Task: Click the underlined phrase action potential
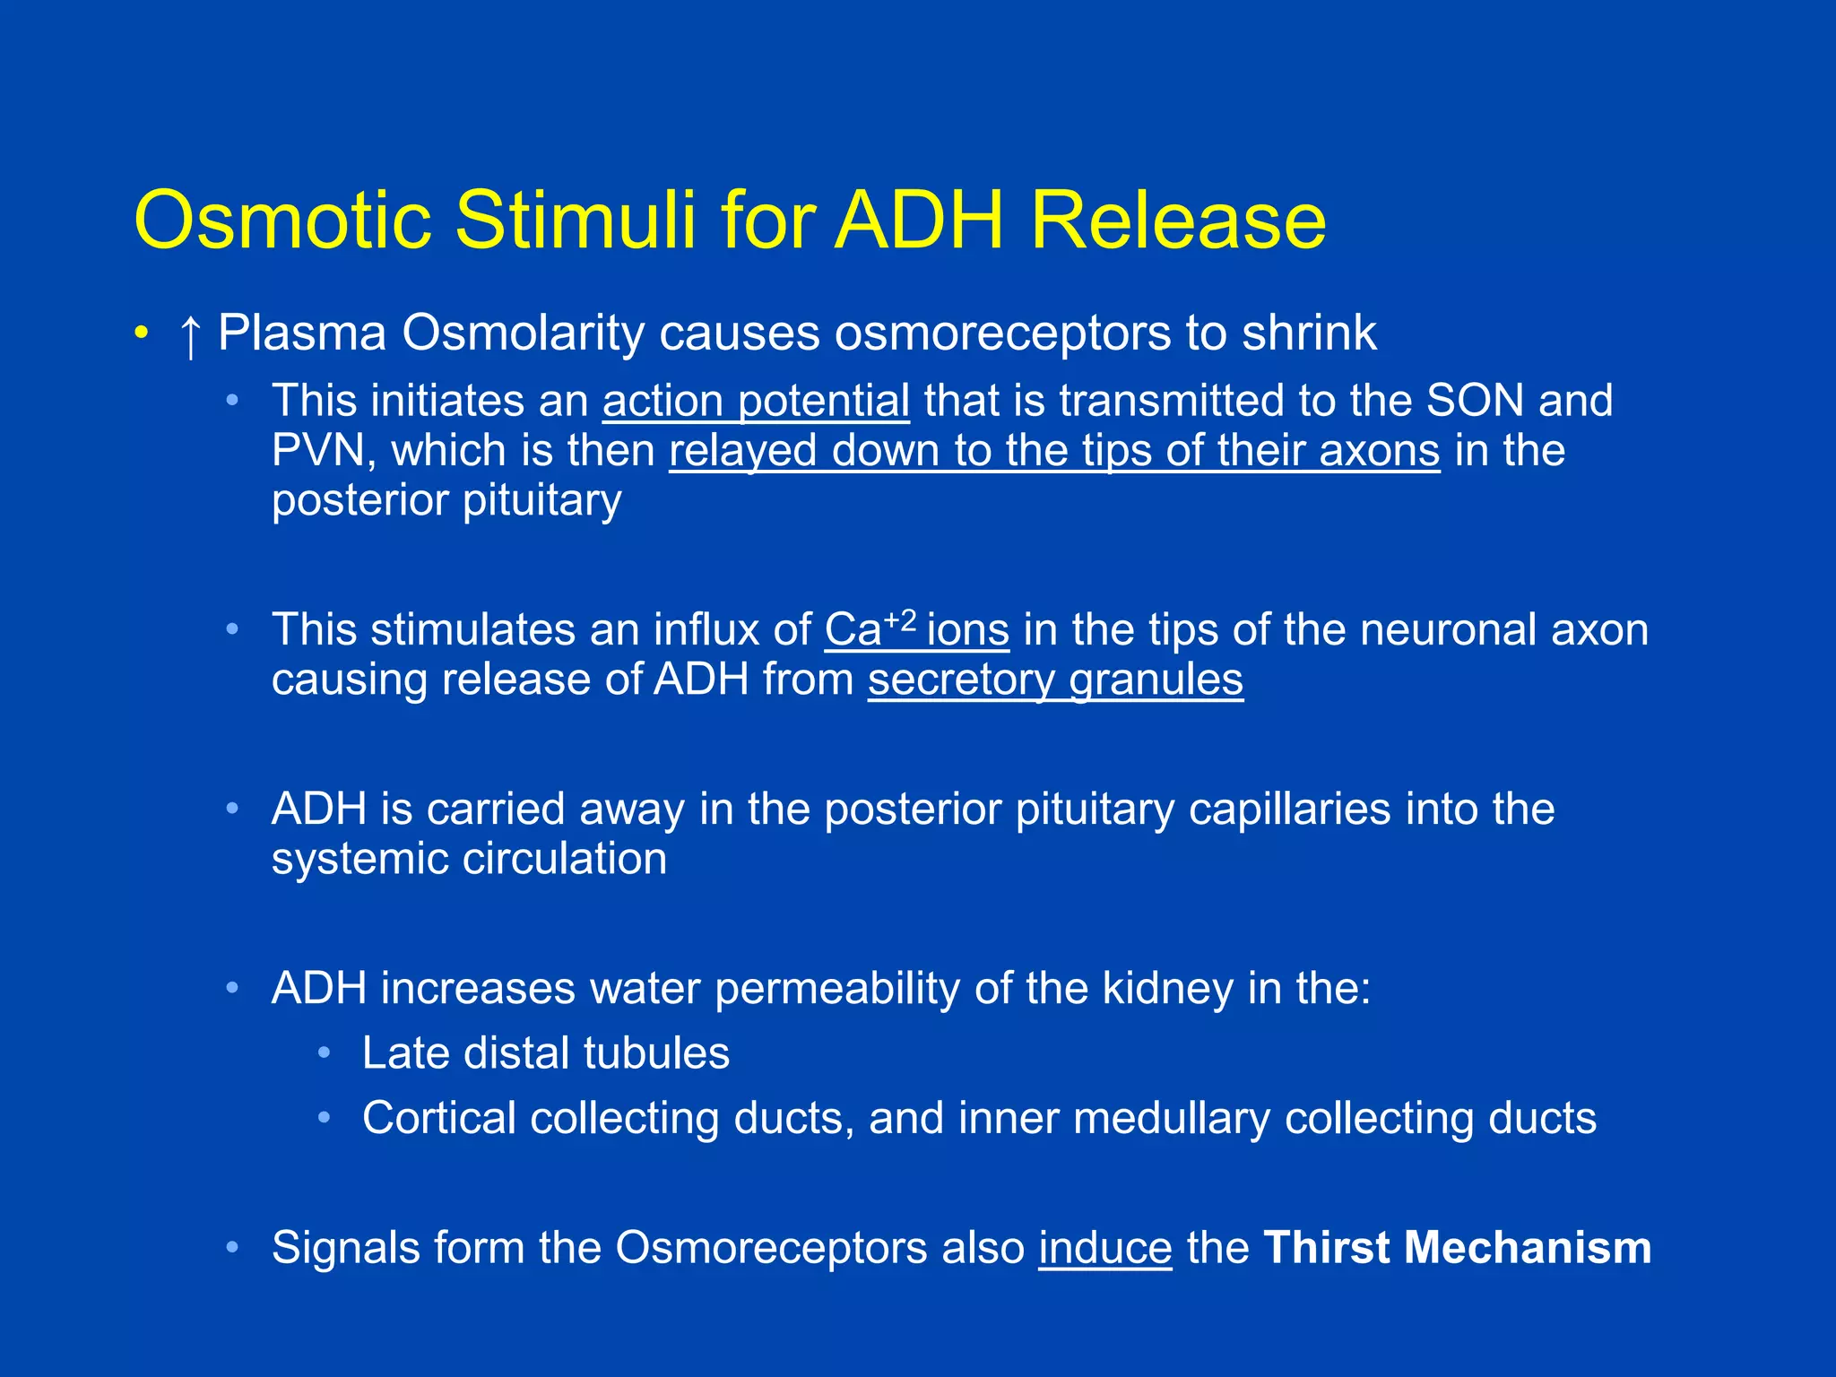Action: pyautogui.click(x=756, y=401)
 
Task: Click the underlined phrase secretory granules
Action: pyautogui.click(x=1055, y=680)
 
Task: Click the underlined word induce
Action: pyautogui.click(x=1104, y=1248)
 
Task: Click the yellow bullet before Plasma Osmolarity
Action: pyautogui.click(x=140, y=334)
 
